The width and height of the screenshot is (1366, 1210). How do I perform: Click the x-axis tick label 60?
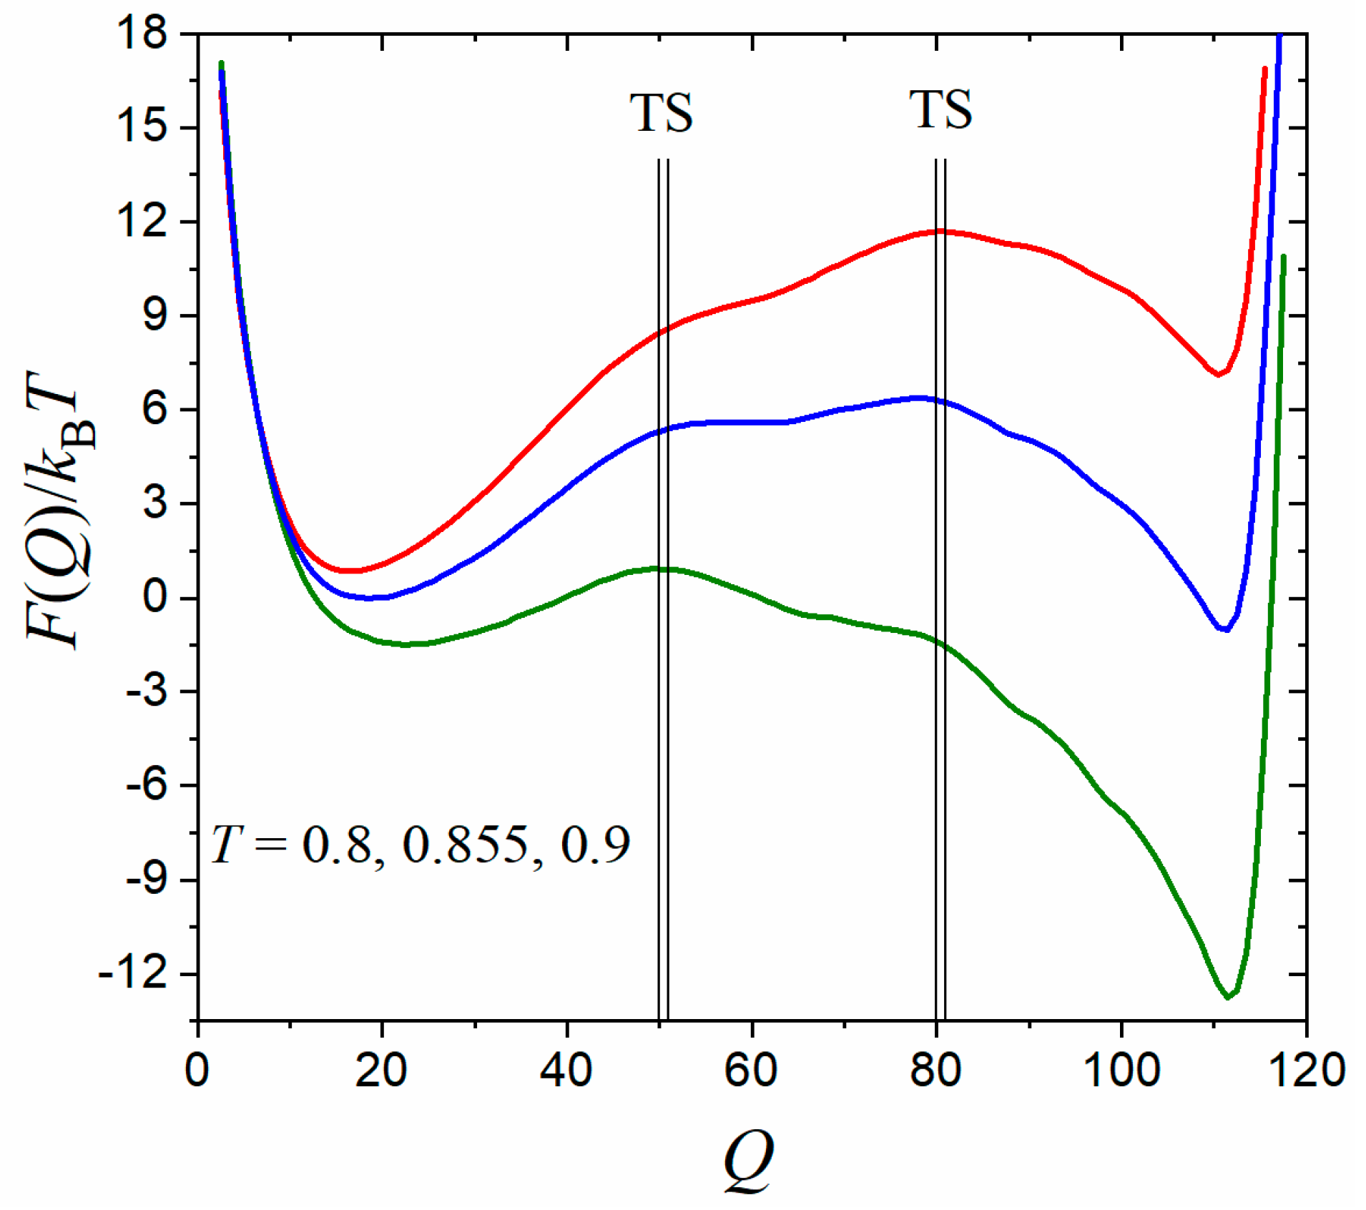click(x=751, y=1071)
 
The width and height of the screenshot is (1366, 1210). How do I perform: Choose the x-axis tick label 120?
click(x=1306, y=1071)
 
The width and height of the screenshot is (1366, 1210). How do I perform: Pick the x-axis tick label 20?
click(x=381, y=1071)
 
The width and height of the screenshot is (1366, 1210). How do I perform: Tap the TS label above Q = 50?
click(x=662, y=113)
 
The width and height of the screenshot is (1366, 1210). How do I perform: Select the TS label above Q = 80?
click(x=940, y=110)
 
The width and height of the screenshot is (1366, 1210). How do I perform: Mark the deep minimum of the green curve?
click(x=1228, y=996)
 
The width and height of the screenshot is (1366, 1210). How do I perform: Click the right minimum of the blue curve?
click(x=1225, y=629)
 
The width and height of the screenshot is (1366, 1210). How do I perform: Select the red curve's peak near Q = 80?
click(x=938, y=231)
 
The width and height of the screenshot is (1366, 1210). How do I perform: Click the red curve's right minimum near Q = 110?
click(x=1218, y=374)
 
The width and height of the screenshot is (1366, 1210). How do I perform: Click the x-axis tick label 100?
click(x=1121, y=1071)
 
